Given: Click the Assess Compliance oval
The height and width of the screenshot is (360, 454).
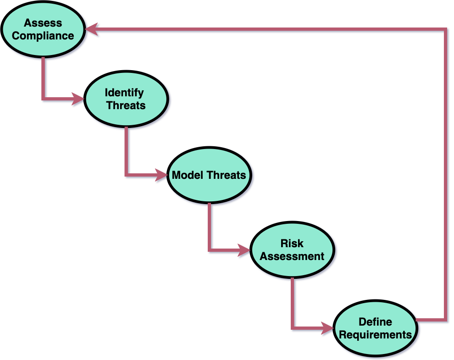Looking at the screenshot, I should point(43,29).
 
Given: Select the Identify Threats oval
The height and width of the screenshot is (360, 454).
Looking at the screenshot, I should point(125,99).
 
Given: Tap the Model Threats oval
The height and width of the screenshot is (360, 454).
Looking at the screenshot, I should point(209,175).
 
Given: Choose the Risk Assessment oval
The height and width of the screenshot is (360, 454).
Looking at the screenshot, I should point(292,250).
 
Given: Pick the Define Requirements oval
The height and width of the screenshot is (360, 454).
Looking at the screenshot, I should point(375,328).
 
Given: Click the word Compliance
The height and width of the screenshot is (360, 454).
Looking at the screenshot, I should point(43,36).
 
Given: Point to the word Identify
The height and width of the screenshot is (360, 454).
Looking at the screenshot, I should point(124,92).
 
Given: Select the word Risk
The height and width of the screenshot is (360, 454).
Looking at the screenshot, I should point(292,243).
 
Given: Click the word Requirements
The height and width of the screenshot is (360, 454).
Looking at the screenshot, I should point(375,335).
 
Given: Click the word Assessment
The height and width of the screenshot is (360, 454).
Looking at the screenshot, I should point(292,256).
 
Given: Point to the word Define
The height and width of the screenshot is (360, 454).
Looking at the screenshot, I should point(375,322).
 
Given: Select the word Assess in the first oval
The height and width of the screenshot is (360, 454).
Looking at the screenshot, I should point(43,22).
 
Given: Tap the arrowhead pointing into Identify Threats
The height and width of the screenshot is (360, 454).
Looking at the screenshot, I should point(78,99).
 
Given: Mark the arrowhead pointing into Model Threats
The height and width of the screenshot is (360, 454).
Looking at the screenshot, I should point(161,175).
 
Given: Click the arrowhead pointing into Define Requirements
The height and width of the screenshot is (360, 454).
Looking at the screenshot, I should point(327,328).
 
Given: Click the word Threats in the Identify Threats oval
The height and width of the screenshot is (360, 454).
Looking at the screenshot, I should point(126,105).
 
